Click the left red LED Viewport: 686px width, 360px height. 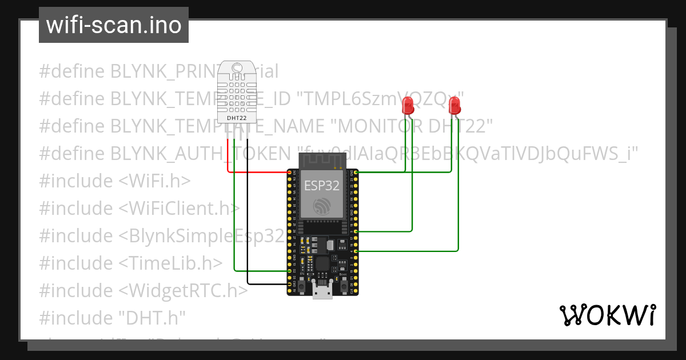coord(408,105)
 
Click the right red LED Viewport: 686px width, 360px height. coord(454,105)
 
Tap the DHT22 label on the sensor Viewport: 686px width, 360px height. coord(237,118)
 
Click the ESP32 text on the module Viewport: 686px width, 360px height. coord(321,186)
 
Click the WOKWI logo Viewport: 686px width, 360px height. coord(607,315)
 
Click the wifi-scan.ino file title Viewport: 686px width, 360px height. coord(114,25)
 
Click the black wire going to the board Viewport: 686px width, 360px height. coord(248,229)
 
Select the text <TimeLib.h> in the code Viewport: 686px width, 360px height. coord(170,263)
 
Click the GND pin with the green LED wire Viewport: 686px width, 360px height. coord(356,171)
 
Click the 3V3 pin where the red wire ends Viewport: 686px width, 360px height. coord(289,171)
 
